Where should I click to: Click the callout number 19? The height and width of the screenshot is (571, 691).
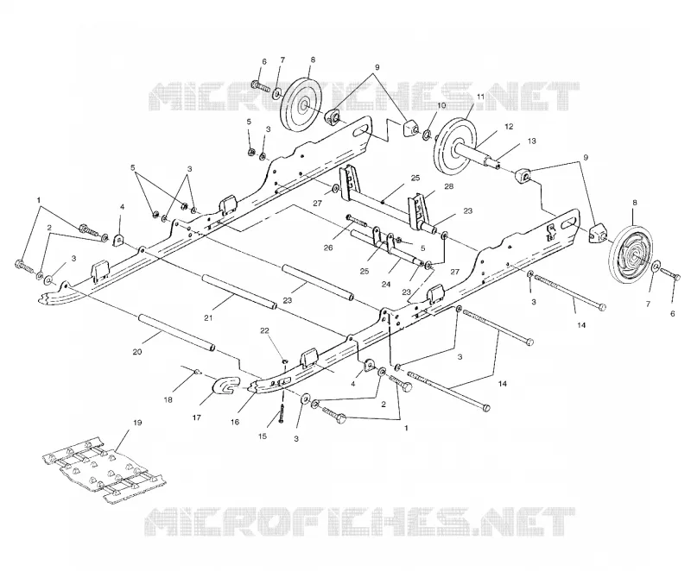tap(137, 423)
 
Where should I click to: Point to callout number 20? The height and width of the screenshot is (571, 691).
tap(137, 352)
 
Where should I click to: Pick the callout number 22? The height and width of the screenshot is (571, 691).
tap(276, 330)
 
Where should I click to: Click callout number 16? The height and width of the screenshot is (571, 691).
tap(234, 422)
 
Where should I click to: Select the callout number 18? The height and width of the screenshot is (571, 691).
tap(168, 400)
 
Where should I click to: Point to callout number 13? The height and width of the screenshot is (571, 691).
tap(532, 141)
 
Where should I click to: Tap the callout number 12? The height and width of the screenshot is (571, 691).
tap(509, 127)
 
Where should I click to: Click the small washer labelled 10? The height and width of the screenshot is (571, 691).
tap(428, 133)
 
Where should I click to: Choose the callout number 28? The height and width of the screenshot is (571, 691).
tap(448, 186)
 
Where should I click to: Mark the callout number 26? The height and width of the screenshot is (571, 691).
tap(328, 248)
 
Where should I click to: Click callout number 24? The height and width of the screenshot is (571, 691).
tap(386, 285)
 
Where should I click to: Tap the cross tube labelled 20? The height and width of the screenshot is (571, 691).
tap(177, 332)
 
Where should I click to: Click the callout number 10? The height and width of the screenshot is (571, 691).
tap(441, 105)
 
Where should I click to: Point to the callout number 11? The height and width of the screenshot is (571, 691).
tap(480, 96)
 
